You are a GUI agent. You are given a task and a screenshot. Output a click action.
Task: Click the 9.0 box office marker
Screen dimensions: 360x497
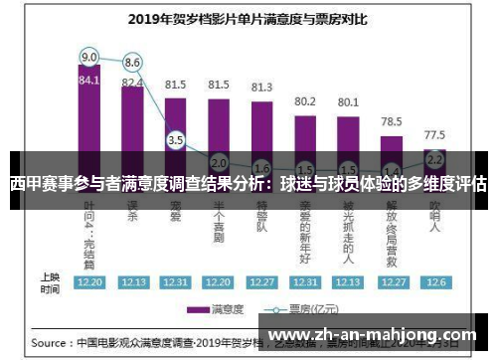89,57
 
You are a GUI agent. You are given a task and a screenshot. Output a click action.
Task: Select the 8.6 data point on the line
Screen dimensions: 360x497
132,62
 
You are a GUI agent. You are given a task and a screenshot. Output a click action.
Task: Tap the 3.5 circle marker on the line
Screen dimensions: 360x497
176,140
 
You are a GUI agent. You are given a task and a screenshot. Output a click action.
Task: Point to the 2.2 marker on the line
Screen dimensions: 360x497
434,158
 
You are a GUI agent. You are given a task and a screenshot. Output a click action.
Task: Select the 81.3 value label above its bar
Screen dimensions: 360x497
261,87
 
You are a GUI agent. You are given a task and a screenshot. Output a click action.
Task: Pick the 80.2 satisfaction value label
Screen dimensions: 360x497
304,101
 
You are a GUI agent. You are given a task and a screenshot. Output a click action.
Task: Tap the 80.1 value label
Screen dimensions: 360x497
348,101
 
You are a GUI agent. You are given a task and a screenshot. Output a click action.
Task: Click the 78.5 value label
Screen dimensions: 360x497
391,121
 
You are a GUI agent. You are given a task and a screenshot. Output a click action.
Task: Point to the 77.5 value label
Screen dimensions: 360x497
434,134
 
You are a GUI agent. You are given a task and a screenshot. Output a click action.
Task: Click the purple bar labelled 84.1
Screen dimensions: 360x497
89,119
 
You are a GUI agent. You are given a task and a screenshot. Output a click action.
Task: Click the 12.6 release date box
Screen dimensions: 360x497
434,282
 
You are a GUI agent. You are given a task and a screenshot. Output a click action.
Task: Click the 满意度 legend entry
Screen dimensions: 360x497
220,309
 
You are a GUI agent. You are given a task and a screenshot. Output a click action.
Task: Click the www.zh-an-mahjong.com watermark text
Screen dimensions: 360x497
373,335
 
